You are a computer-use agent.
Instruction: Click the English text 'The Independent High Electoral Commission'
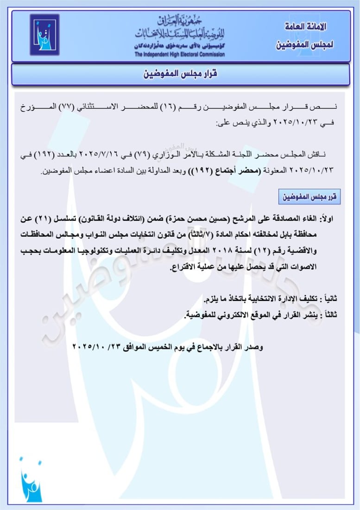tap(180, 55)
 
